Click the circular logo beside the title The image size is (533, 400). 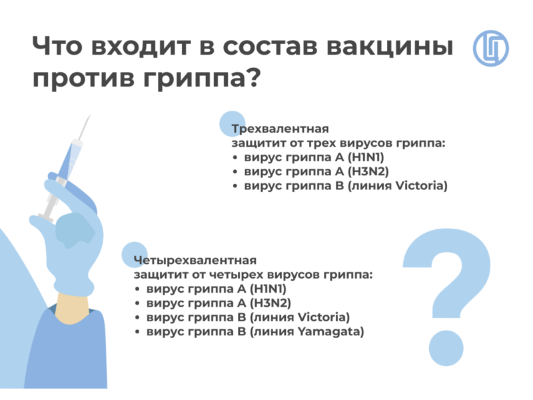click(490, 48)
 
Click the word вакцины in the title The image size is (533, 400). click(390, 46)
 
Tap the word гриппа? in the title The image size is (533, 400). click(202, 79)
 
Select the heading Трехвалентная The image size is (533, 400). click(280, 129)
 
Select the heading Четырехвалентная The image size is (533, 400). click(195, 260)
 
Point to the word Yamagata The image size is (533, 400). click(330, 331)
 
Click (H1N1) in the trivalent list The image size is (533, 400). click(366, 157)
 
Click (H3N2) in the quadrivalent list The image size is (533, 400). click(270, 303)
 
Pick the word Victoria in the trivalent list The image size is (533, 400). click(422, 186)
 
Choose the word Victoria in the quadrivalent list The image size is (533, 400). click(324, 317)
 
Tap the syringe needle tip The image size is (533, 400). click(91, 115)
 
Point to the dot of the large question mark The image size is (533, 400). click(446, 348)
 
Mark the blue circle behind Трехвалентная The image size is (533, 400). click(232, 124)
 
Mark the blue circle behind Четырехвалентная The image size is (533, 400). click(135, 255)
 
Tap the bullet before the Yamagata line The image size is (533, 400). click(137, 332)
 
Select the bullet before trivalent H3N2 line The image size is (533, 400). click(235, 172)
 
